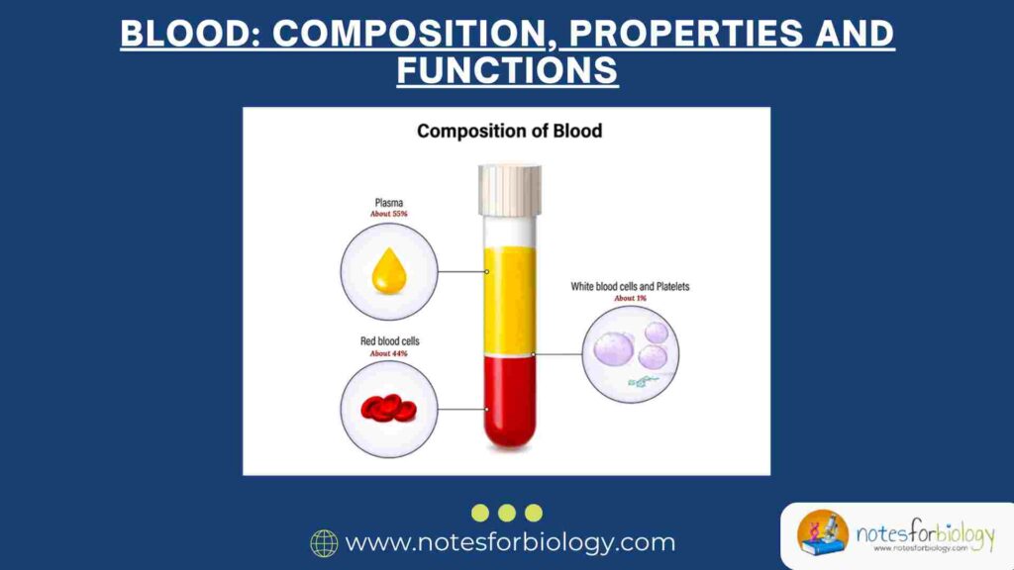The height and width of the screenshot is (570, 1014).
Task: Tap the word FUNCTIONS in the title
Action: (x=507, y=71)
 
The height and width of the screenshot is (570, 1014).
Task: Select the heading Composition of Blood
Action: (x=509, y=130)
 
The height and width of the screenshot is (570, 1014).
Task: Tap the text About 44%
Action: (x=388, y=353)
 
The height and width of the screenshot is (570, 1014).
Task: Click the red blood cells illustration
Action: (x=387, y=407)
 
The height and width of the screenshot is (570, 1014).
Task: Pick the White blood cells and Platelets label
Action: (x=630, y=286)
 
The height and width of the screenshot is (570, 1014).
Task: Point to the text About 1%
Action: (x=630, y=298)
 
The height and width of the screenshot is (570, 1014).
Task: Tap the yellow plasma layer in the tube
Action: (x=510, y=297)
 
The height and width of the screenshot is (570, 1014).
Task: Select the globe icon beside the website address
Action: (x=324, y=543)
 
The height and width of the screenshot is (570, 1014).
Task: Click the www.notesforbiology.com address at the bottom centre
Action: (x=510, y=543)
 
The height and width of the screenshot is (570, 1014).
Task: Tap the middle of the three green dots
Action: (x=507, y=513)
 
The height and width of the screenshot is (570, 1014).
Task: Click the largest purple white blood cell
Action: (x=614, y=346)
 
